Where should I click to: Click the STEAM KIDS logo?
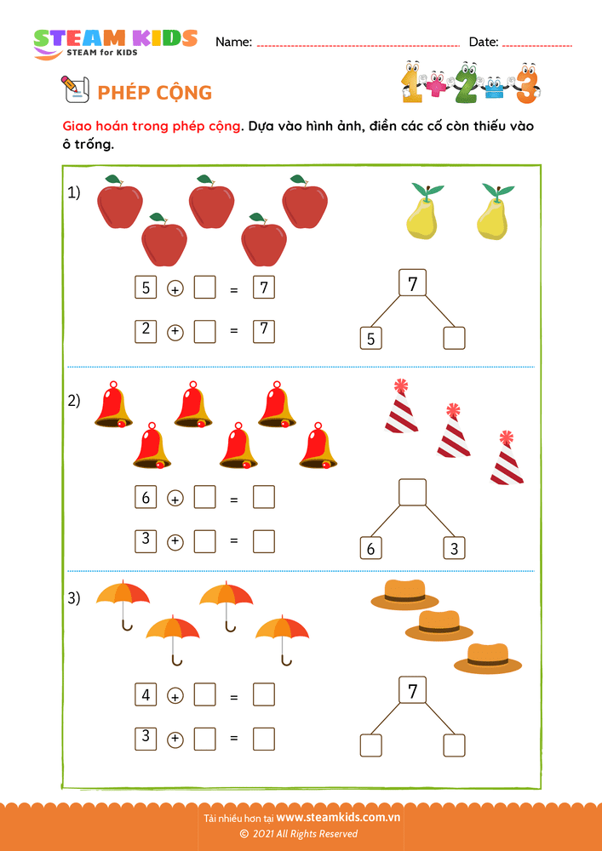click(x=115, y=43)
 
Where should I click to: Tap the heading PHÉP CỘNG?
click(x=155, y=93)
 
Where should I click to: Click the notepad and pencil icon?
click(x=76, y=89)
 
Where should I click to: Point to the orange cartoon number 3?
click(x=527, y=83)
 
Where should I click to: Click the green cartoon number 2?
click(x=466, y=83)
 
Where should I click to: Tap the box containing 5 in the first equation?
click(x=146, y=288)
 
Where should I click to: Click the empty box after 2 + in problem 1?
click(x=204, y=332)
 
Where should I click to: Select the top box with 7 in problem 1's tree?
click(x=413, y=283)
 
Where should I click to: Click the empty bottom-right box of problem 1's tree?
click(x=455, y=338)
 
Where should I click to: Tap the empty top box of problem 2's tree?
click(x=413, y=492)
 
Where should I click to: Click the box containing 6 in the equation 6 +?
click(x=146, y=497)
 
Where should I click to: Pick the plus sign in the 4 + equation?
click(x=175, y=696)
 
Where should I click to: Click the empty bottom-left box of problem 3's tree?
click(x=370, y=745)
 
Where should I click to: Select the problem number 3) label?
click(x=74, y=598)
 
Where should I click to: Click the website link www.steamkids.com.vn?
click(x=338, y=817)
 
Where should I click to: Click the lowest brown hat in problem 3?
click(x=488, y=659)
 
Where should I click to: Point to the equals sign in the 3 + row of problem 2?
click(x=234, y=541)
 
